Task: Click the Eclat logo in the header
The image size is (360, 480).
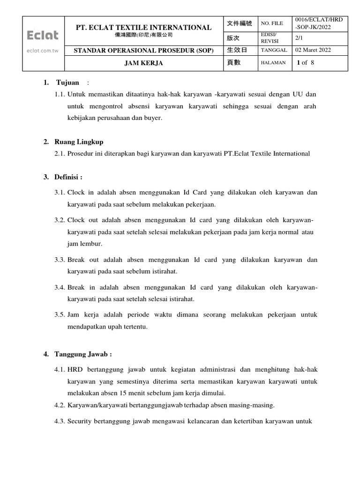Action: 43,36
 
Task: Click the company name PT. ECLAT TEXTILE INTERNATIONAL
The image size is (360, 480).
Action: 143,28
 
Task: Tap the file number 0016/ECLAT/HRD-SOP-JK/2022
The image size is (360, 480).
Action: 320,23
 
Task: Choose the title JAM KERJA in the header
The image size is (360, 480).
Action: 143,63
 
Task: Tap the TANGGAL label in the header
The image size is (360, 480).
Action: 274,51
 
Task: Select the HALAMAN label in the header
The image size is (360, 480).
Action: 273,63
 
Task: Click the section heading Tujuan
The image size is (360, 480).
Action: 67,83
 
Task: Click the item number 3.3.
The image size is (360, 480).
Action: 60,260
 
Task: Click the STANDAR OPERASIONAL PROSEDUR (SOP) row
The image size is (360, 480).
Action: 143,51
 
